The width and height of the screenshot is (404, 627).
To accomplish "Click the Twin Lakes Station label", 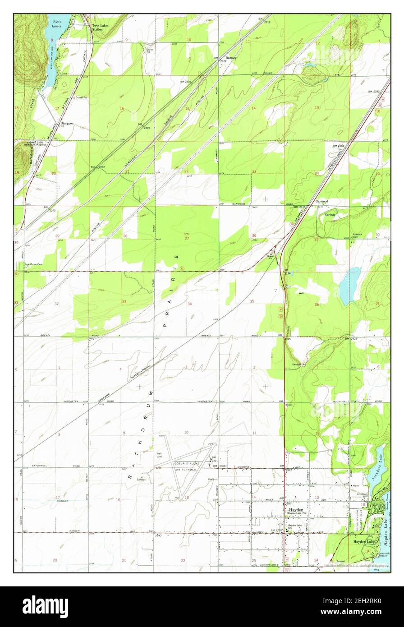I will point(100,28).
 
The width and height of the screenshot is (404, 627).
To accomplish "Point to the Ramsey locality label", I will point(231,58).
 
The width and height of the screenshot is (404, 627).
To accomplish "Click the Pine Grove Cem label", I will point(33,265).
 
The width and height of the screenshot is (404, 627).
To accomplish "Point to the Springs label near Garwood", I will point(330,215).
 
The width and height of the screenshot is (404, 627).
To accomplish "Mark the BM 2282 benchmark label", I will point(98,167).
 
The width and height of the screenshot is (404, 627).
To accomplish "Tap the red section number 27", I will point(186,238).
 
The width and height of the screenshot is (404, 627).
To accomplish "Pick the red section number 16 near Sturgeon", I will point(122,108).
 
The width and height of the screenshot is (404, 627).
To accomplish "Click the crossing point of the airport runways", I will point(179,467).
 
